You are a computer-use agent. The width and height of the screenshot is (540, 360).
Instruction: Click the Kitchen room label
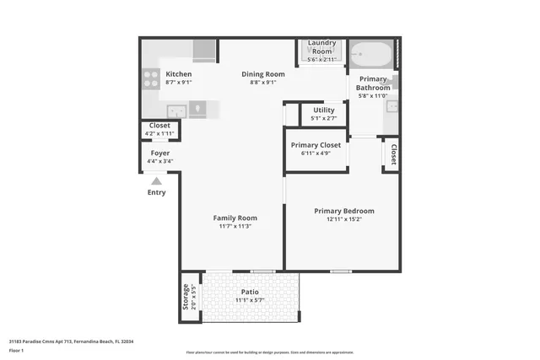tap(178, 74)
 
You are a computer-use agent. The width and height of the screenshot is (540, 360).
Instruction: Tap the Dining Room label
tap(263, 74)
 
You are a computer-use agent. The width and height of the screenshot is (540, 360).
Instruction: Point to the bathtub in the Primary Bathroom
tap(371, 56)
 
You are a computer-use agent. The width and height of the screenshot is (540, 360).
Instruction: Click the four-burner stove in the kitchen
tap(152, 78)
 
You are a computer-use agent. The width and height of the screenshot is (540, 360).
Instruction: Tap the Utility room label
tap(324, 110)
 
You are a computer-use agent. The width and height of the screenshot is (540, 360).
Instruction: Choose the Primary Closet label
tap(316, 145)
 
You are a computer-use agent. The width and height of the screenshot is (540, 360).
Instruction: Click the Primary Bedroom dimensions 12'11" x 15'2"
tap(343, 219)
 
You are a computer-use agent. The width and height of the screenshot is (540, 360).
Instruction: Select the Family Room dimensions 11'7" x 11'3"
tap(235, 226)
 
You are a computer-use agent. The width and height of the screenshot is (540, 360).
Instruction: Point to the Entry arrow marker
tap(156, 180)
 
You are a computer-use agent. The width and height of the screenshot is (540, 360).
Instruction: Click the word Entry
tap(157, 192)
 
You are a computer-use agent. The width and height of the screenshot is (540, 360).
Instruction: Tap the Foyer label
tap(160, 153)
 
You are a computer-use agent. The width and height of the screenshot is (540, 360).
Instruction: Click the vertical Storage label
tap(186, 297)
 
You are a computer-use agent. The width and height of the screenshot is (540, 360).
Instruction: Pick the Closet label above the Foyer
tap(159, 126)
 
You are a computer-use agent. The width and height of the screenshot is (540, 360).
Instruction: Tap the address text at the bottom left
tap(72, 341)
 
